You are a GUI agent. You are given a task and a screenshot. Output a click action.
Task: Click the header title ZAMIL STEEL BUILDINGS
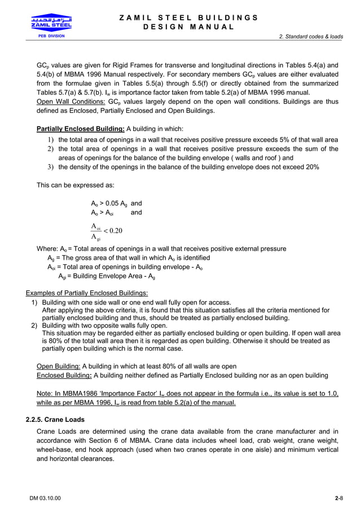pos(189,18)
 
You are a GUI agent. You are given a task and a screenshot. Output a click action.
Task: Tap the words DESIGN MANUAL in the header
pos(189,27)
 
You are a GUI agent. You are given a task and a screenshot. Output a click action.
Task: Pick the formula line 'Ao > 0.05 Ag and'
pos(116,203)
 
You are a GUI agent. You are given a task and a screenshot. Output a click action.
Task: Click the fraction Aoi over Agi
pos(95,231)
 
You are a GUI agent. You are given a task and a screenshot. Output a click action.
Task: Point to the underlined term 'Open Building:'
pos(58,366)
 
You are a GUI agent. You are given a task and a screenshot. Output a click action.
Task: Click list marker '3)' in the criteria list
pos(50,167)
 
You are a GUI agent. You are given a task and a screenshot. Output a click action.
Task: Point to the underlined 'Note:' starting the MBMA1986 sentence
pos(45,393)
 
